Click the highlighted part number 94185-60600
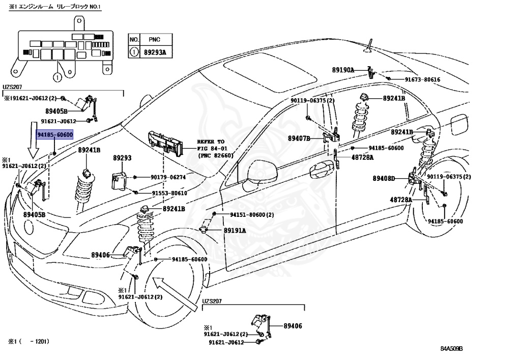coord(54,134)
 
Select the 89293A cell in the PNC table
coord(155,52)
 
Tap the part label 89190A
coord(343,70)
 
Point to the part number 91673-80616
coord(422,79)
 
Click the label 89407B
coord(299,139)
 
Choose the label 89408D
coord(384,179)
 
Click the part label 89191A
coord(235,230)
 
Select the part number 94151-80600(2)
coord(252,215)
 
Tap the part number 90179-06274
coord(168,177)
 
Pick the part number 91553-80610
coord(169,193)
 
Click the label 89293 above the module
coord(122,158)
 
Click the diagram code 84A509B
coord(452,349)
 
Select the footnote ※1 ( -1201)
coord(29,341)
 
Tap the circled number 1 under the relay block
coord(57,78)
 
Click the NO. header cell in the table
coord(134,40)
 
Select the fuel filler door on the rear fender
coord(458,125)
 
